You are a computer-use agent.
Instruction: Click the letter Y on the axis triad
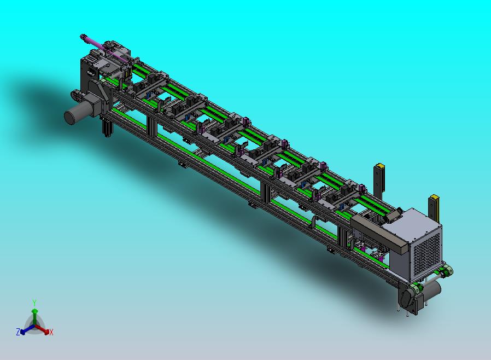34,303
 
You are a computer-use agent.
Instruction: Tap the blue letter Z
18,332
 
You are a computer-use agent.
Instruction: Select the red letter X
51,332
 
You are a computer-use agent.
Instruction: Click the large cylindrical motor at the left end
78,112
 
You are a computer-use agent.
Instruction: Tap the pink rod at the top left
104,48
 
